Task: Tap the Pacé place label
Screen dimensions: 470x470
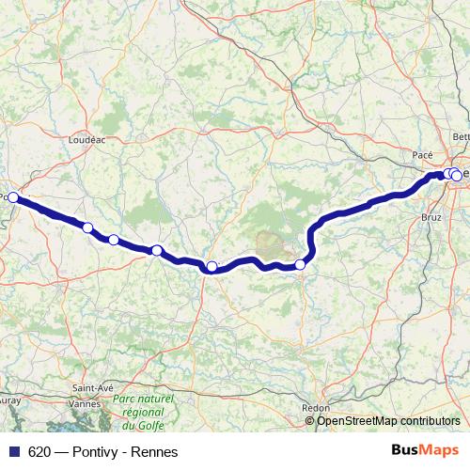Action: coord(423,153)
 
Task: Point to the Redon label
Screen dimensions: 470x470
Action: coord(317,407)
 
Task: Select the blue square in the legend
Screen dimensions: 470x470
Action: coord(13,451)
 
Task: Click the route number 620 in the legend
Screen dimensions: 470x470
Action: coord(39,451)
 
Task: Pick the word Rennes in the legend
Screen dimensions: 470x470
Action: coord(155,451)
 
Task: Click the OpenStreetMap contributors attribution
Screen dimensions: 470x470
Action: coord(388,421)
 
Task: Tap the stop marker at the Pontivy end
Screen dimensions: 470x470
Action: coord(14,197)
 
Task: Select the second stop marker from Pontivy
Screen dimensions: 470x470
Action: coord(87,227)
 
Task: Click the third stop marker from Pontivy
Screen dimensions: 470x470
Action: coord(114,240)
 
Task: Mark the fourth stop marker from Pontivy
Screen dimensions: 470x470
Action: coord(157,250)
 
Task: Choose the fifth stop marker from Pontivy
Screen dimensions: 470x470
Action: coord(212,267)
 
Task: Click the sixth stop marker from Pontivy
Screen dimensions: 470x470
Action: coord(301,264)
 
